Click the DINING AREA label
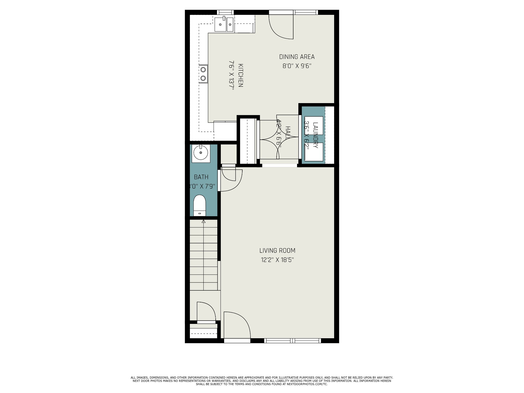tap(297, 57)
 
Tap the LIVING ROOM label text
tap(277, 250)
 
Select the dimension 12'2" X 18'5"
tap(277, 260)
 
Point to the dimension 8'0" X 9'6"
tap(297, 66)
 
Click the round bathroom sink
tap(201, 154)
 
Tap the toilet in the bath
tap(200, 205)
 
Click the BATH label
tap(201, 177)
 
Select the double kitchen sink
tap(224, 25)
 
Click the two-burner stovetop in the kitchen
tap(203, 74)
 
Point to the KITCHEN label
tap(241, 75)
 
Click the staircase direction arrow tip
tap(204, 221)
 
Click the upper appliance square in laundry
tap(314, 125)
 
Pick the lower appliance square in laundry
tap(314, 152)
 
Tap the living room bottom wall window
tap(292, 341)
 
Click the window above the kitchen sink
tap(225, 12)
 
